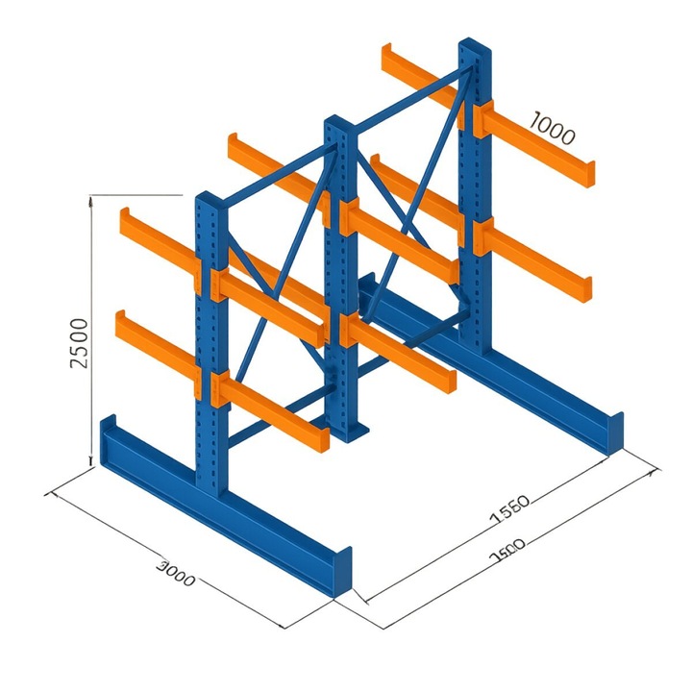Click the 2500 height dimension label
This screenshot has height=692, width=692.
click(81, 342)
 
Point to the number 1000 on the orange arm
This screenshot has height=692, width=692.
click(552, 128)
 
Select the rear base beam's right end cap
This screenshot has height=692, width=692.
click(612, 432)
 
